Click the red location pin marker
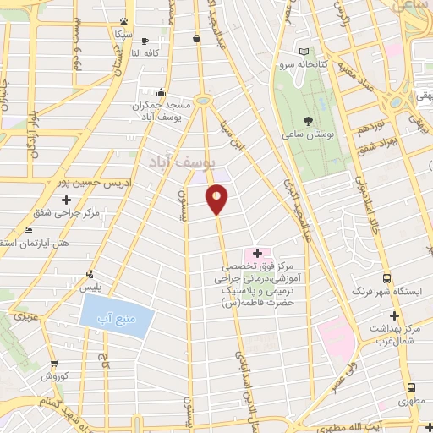(x=217, y=199)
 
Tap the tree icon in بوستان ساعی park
(x=307, y=120)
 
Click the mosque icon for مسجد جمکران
(x=161, y=92)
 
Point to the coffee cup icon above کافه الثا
(x=145, y=41)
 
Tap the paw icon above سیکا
(x=124, y=22)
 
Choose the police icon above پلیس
(x=90, y=275)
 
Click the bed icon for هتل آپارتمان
(x=29, y=230)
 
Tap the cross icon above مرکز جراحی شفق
(x=65, y=200)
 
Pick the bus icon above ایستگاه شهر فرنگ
(x=387, y=278)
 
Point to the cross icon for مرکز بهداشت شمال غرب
(x=393, y=315)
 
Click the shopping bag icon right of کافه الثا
(x=197, y=38)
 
